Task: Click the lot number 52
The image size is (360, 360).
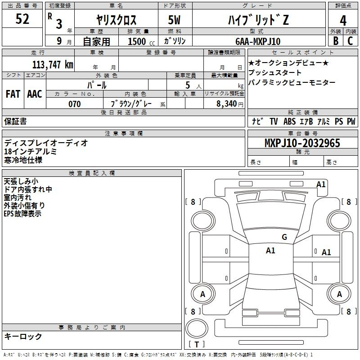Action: pyautogui.click(x=22, y=19)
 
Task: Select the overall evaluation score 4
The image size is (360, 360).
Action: pyautogui.click(x=343, y=20)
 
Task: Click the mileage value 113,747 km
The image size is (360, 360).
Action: pyautogui.click(x=53, y=64)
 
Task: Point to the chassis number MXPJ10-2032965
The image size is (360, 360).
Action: pyautogui.click(x=302, y=143)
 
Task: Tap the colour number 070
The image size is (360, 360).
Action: pyautogui.click(x=74, y=104)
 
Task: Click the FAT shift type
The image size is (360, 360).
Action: pyautogui.click(x=13, y=94)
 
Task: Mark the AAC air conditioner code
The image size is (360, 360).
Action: pyautogui.click(x=34, y=94)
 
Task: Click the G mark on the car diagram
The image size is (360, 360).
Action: pyautogui.click(x=284, y=237)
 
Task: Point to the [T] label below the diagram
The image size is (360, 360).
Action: pyautogui.click(x=197, y=345)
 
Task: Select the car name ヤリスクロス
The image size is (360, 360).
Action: pyautogui.click(x=116, y=20)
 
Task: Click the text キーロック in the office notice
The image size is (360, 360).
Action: pyautogui.click(x=23, y=336)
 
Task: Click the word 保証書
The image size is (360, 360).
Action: pyautogui.click(x=15, y=121)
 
